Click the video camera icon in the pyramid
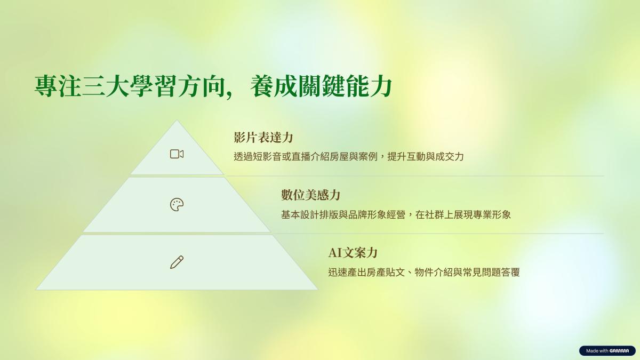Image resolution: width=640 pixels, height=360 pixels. pyautogui.click(x=177, y=154)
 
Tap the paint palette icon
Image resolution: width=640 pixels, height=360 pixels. pyautogui.click(x=177, y=205)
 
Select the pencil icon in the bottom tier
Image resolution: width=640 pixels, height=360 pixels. pyautogui.click(x=177, y=262)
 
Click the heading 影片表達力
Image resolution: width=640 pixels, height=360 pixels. pyautogui.click(x=263, y=138)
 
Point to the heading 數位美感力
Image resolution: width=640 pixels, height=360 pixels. pyautogui.click(x=310, y=195)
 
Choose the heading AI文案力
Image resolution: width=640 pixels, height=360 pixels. pyautogui.click(x=353, y=253)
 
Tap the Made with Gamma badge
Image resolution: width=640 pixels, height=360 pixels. pyautogui.click(x=607, y=350)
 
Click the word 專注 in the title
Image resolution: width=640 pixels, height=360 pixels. pyautogui.click(x=58, y=86)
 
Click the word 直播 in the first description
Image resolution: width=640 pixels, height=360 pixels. pyautogui.click(x=301, y=157)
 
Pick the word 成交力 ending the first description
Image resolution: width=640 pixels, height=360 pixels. pyautogui.click(x=450, y=157)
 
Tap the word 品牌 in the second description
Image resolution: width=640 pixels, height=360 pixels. pyautogui.click(x=357, y=214)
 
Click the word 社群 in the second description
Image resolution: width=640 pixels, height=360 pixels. pyautogui.click(x=434, y=214)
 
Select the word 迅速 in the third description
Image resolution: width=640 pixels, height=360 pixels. pyautogui.click(x=338, y=273)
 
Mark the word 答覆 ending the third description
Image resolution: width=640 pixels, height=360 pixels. pyautogui.click(x=510, y=273)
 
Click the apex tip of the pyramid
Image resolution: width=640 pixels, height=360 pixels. pyautogui.click(x=177, y=121)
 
